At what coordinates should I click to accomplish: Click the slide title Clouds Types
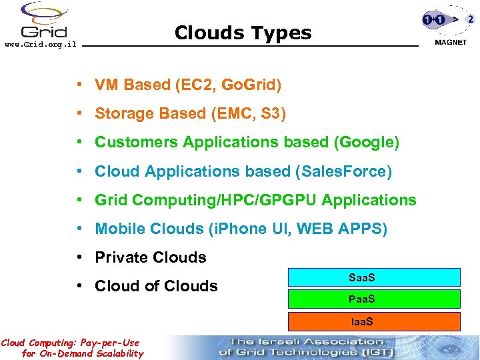(243, 33)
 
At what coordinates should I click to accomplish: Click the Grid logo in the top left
(43, 21)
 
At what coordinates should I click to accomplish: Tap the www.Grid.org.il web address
(41, 44)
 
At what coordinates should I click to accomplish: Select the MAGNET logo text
(450, 42)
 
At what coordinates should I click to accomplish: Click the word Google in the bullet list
(368, 143)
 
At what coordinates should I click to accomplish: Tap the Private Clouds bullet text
(151, 257)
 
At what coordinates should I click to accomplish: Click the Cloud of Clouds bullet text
(156, 286)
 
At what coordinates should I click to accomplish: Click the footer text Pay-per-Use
(112, 343)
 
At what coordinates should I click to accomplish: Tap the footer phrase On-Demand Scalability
(90, 353)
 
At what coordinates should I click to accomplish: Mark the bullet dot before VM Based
(79, 85)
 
